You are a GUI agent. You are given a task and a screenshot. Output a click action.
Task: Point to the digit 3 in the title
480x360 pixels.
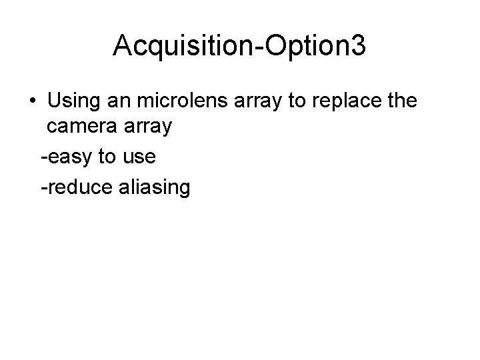[358, 45]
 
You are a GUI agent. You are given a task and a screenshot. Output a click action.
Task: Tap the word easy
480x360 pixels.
[70, 157]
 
